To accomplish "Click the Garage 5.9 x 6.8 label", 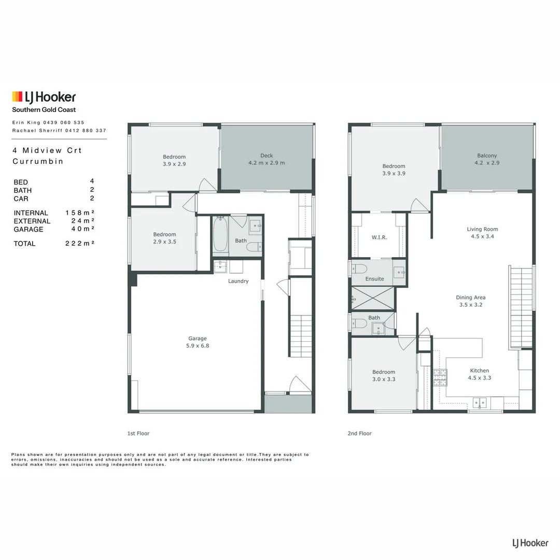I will coord(198,342).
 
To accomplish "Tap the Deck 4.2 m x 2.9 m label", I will coord(267,159).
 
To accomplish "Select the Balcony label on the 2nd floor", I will coord(487,159).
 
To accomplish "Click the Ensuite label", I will coord(374,279).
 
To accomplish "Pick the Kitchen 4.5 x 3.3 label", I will coord(479,374).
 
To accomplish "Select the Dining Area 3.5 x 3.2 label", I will coord(471,301).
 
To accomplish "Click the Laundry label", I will coord(239,282).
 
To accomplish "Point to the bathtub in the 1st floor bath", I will coord(220,236).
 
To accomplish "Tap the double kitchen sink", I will coord(480,401).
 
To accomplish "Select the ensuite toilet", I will coord(359,269).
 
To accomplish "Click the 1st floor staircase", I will coord(301,335).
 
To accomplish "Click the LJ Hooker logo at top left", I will coord(44,97).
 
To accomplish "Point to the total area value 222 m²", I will coord(79,244).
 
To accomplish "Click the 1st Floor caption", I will coord(138,433).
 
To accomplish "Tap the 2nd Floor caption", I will coord(359,433).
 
